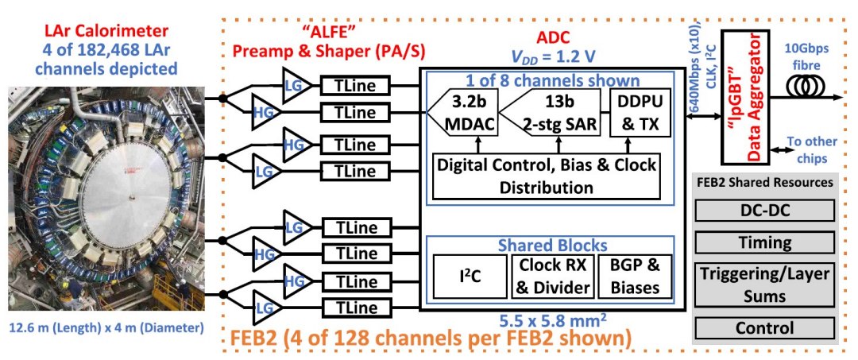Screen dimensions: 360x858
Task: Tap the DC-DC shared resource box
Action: (764, 210)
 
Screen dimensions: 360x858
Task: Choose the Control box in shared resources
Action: (764, 327)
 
